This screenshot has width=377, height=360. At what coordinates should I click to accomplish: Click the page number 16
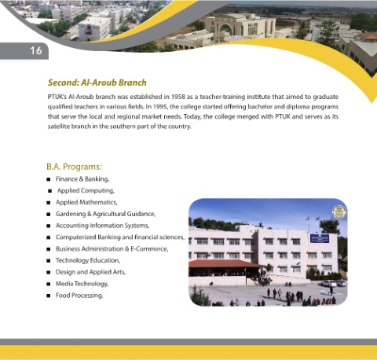(36, 50)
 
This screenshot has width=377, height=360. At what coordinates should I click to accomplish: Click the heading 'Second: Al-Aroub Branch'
(97, 83)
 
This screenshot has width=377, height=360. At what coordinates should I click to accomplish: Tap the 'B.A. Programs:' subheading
(74, 167)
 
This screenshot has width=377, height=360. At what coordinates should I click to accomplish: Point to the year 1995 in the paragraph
(160, 107)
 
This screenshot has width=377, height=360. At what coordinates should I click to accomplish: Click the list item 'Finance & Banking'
(82, 179)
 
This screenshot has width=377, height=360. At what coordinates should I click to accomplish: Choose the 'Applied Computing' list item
(86, 190)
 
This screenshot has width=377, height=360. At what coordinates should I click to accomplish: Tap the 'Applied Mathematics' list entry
(86, 202)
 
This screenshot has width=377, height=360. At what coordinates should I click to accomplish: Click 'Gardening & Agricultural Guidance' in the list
(105, 214)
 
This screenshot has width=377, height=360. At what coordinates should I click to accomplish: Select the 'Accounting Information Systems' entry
(102, 226)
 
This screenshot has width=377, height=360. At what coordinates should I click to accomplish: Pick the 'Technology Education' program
(88, 260)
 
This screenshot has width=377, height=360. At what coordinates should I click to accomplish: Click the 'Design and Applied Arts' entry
(90, 272)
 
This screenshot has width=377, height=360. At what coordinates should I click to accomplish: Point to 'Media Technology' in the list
(82, 284)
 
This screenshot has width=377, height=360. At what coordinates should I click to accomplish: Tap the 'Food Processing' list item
(79, 296)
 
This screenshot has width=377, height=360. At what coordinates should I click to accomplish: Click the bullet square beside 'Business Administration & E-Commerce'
(49, 249)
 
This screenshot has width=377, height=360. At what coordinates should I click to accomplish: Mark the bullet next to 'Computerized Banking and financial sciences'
(49, 237)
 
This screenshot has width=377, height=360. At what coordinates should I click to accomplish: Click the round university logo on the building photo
(339, 212)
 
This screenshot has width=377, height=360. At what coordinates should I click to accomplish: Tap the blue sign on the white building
(320, 238)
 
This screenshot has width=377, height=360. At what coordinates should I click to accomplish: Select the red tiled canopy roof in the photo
(225, 264)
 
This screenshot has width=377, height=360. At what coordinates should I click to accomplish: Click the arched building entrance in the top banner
(225, 29)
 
